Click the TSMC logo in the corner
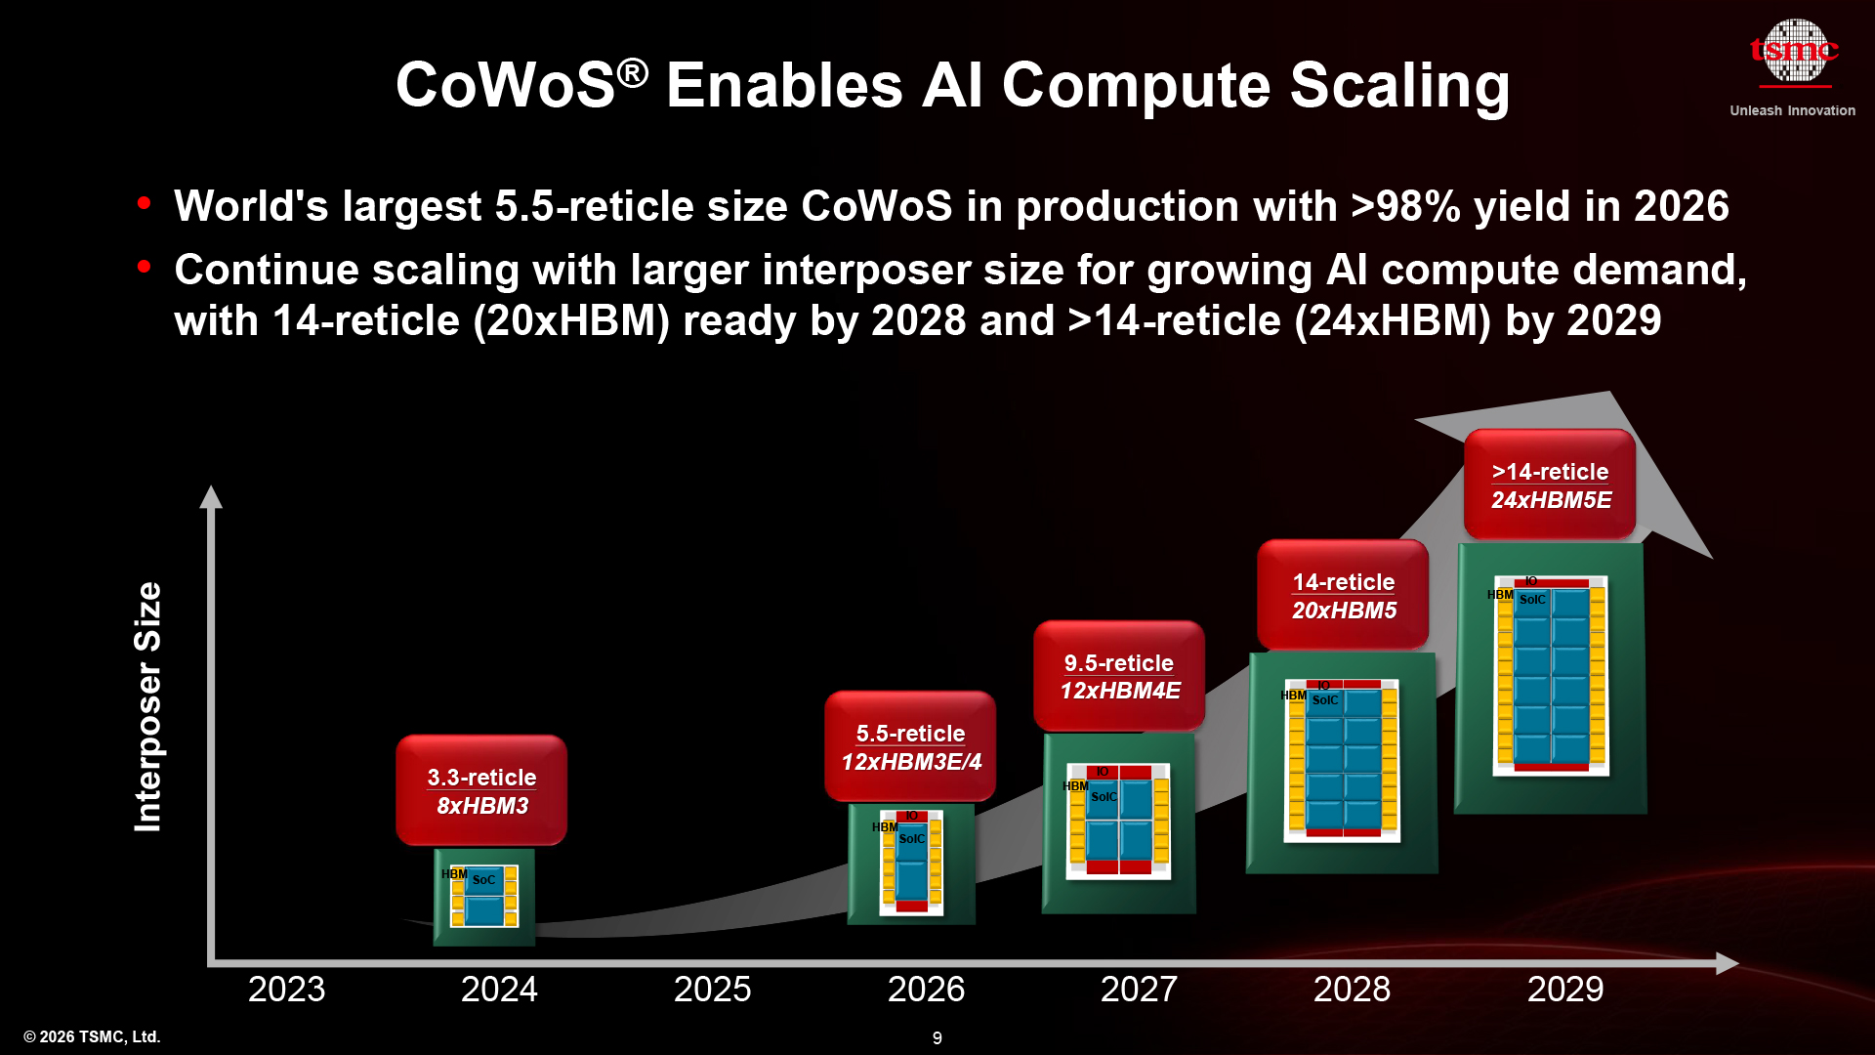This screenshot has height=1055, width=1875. click(1793, 51)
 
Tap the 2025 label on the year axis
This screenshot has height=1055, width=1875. click(712, 989)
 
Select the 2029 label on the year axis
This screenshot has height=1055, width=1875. click(1564, 989)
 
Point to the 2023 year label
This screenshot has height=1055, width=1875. click(286, 989)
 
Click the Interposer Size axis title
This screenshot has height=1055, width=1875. click(147, 706)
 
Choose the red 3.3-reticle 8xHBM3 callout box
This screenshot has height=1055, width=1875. click(481, 790)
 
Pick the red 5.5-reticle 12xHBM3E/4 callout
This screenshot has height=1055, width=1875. click(910, 746)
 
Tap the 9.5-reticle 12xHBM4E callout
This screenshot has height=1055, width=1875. click(1119, 676)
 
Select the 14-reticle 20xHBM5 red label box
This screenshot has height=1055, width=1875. click(1343, 595)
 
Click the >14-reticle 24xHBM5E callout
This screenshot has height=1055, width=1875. click(1550, 485)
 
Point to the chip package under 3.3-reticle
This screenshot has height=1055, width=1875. click(484, 897)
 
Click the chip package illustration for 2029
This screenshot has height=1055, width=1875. click(1551, 677)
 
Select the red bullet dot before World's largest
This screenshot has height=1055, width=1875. click(145, 203)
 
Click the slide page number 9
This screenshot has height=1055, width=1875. click(937, 1037)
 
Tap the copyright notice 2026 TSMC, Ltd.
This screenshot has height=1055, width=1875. click(92, 1036)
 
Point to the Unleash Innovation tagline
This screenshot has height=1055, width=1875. click(1792, 110)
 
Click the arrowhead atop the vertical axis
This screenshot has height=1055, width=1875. click(211, 496)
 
